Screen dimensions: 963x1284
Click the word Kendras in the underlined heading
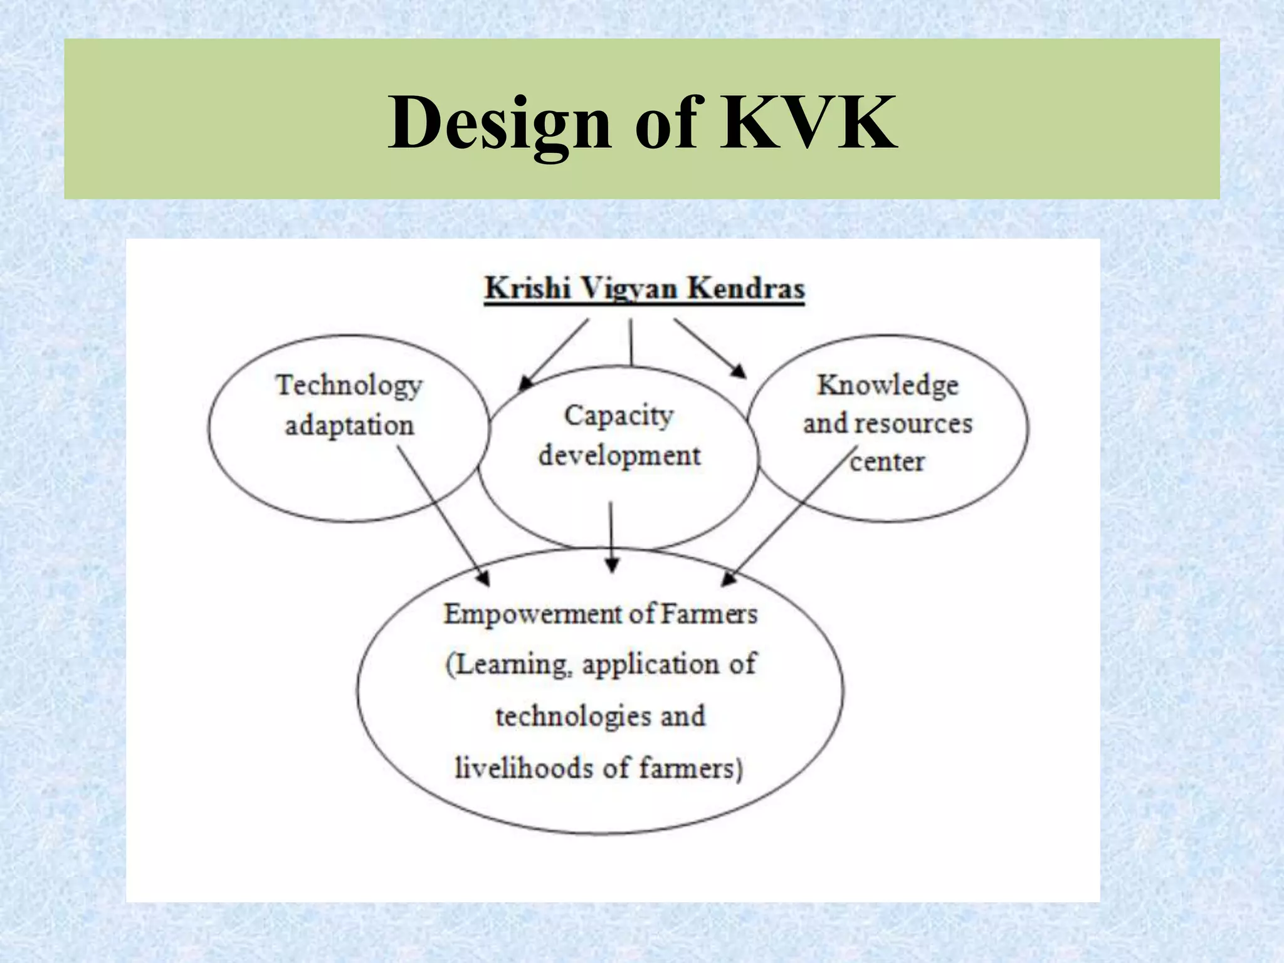tap(745, 289)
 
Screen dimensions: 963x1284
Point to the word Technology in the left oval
tap(349, 386)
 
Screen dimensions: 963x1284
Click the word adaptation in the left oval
tap(349, 426)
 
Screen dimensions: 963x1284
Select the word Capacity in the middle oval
tap(619, 416)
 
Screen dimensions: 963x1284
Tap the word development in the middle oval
tap(619, 456)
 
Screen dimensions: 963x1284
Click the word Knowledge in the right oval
tap(888, 385)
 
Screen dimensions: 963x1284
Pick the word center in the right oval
tap(887, 462)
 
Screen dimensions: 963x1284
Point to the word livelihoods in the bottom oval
tap(524, 769)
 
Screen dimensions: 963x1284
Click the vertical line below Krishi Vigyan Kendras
tap(631, 342)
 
